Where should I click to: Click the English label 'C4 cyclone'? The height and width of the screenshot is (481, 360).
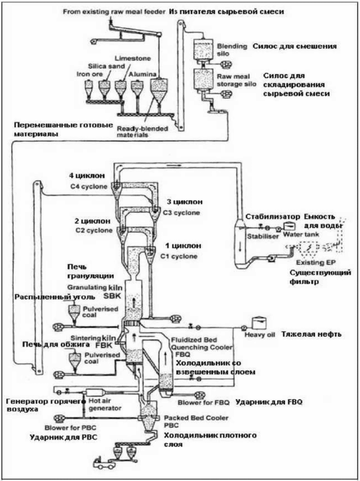(89, 186)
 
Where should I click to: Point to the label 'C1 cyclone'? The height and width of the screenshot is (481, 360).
(179, 256)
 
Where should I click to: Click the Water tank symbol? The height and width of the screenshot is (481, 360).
(289, 226)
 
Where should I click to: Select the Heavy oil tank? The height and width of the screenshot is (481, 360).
(259, 322)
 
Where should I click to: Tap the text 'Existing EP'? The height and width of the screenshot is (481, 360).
(316, 263)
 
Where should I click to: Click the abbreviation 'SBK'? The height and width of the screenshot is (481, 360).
(112, 296)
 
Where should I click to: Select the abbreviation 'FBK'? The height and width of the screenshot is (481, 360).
(104, 346)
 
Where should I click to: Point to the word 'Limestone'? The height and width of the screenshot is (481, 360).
(133, 59)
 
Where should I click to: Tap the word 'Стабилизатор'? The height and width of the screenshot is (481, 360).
(273, 217)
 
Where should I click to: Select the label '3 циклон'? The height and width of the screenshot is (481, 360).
(185, 202)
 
